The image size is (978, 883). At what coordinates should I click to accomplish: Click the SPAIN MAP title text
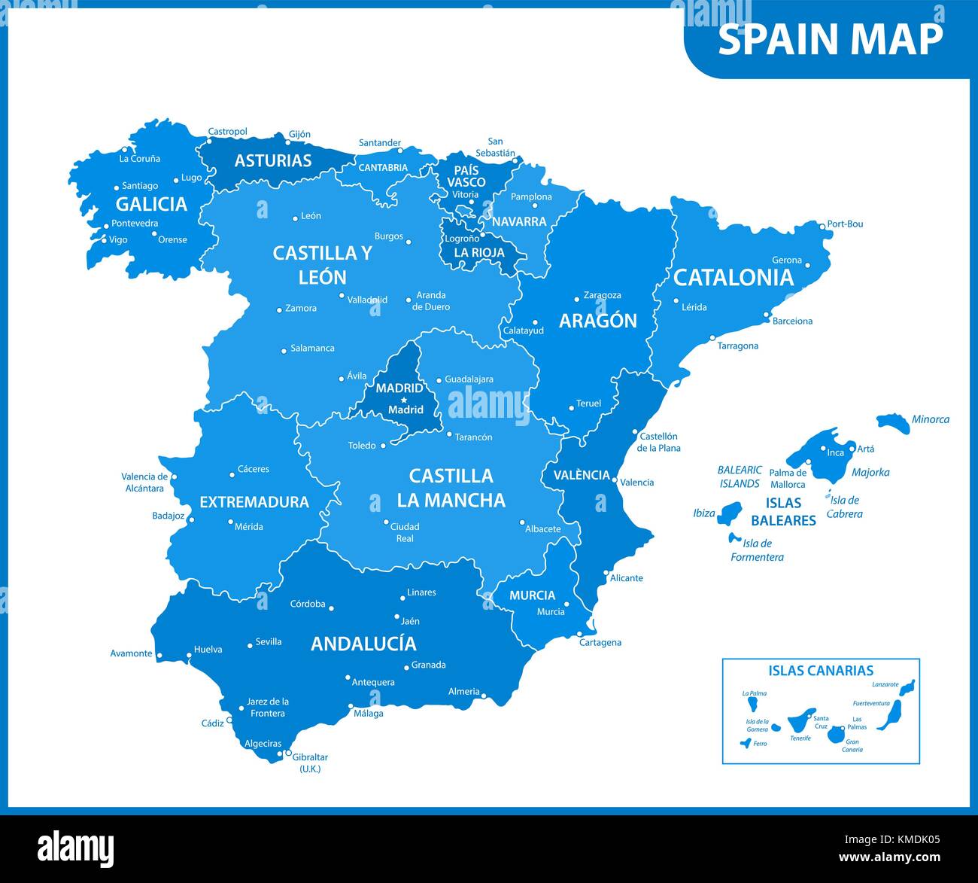(830, 39)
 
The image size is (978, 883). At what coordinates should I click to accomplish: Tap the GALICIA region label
(151, 204)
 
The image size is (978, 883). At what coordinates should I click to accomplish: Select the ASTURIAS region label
(272, 160)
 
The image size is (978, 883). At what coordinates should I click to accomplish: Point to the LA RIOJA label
(479, 253)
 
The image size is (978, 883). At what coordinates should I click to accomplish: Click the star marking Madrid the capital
(404, 400)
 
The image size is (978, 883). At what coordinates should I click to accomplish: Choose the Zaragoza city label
(603, 295)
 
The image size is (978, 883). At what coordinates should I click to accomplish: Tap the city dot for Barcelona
(767, 315)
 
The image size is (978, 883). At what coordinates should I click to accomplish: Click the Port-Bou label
(845, 224)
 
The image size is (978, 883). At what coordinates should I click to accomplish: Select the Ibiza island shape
(728, 515)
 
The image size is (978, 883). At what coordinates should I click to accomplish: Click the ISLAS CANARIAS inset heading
(821, 670)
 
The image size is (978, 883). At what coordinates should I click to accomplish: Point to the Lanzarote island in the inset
(908, 687)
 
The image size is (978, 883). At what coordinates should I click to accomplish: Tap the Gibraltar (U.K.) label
(310, 763)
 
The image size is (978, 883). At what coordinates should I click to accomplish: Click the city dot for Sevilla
(250, 645)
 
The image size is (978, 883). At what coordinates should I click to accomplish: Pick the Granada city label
(429, 665)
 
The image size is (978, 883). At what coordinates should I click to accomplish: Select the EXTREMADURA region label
(254, 502)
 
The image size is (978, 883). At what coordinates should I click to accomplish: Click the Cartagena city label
(600, 642)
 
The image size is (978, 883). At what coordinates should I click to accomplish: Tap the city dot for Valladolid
(342, 296)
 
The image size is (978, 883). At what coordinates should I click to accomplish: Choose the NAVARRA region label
(519, 221)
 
